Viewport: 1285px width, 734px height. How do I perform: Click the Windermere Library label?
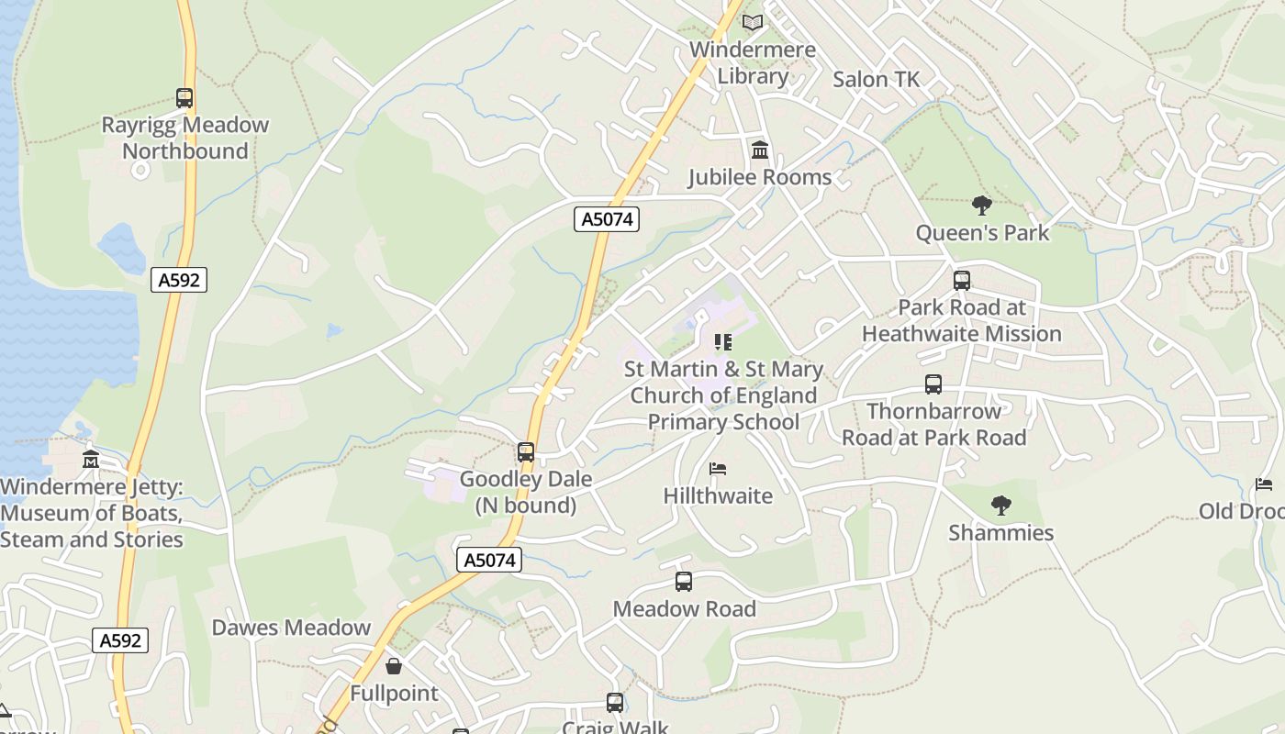tap(753, 62)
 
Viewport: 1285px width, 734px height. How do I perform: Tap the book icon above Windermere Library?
tap(753, 22)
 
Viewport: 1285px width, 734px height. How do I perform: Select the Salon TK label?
tap(876, 80)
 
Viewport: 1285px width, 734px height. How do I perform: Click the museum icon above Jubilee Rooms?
tap(760, 150)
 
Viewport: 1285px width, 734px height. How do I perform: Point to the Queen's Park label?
tap(982, 233)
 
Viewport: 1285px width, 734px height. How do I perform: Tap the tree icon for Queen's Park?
tap(982, 205)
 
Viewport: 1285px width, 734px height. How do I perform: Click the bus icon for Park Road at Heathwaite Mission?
tap(962, 281)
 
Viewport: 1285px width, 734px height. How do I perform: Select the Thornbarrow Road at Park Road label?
tap(933, 424)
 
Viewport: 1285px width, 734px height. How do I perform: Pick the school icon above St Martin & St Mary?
tap(723, 342)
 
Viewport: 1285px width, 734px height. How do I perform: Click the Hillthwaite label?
tap(718, 496)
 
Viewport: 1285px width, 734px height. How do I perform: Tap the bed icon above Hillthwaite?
tap(718, 469)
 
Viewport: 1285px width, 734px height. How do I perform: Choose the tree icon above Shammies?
tap(1000, 505)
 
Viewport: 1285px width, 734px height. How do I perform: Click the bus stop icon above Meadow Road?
tap(684, 581)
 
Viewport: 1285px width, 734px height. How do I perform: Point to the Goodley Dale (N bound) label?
tap(525, 492)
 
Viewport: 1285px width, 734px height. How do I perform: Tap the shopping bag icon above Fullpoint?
tap(394, 665)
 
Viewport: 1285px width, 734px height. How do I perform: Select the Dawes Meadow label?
tap(291, 628)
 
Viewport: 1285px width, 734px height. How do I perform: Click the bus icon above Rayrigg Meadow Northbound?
tap(184, 98)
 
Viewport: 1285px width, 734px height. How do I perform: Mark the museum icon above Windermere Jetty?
tap(91, 459)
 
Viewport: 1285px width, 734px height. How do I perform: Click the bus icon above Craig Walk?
tap(615, 703)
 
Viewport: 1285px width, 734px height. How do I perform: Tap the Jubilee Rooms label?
tap(760, 177)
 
